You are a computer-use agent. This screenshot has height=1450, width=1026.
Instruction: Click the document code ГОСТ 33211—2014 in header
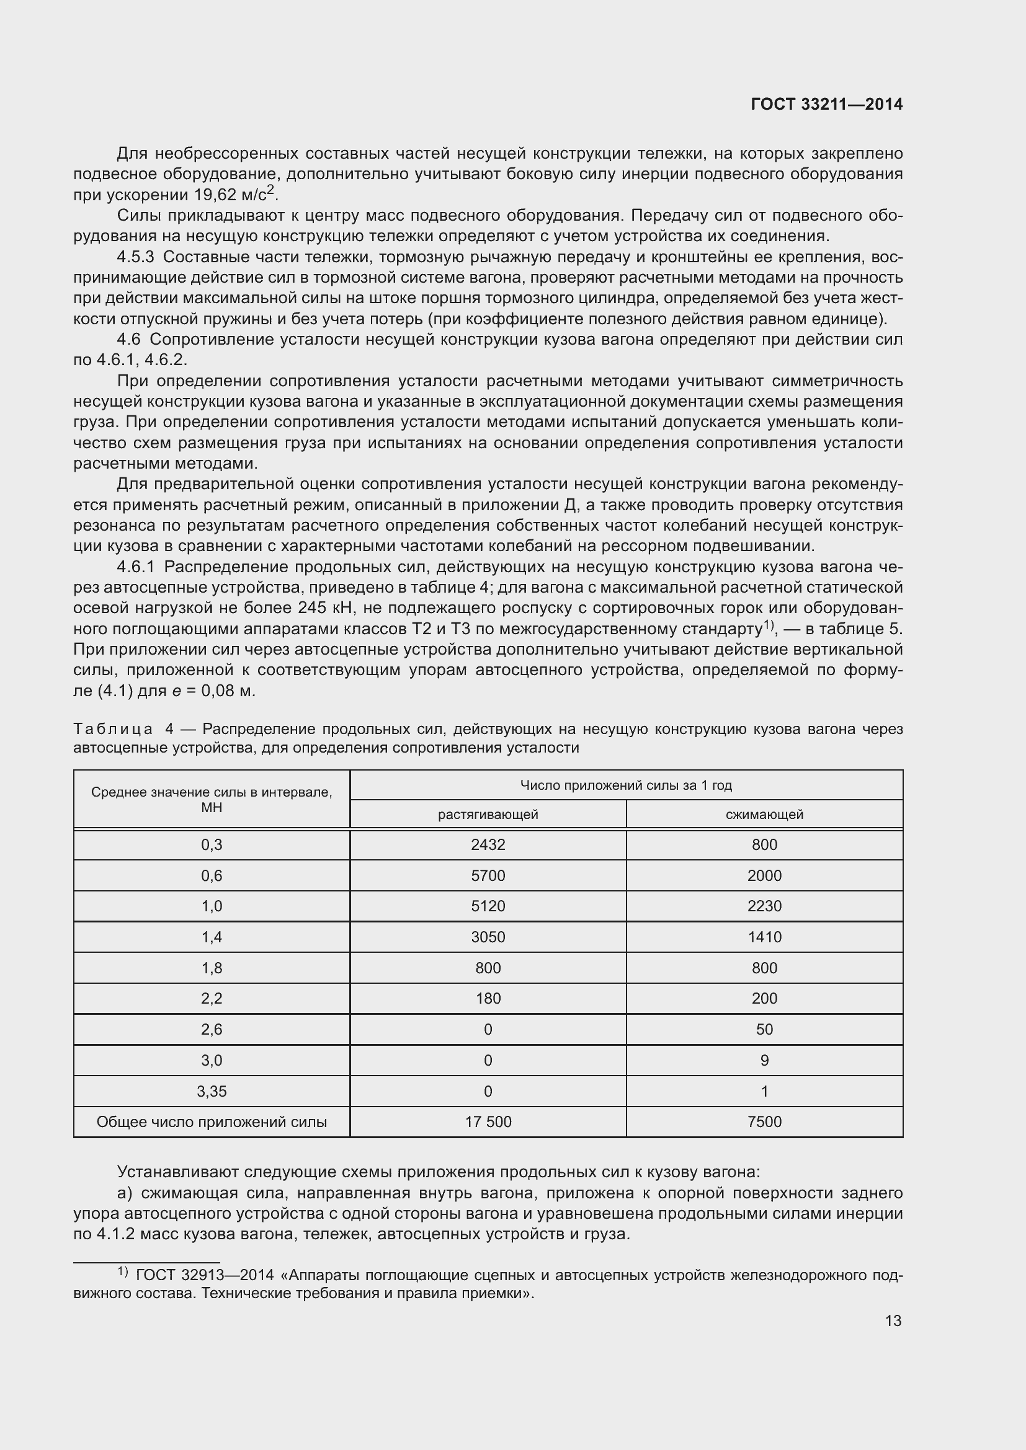click(x=826, y=105)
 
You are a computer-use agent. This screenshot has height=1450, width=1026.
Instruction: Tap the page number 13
click(x=893, y=1320)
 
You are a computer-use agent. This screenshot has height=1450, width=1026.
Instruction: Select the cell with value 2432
click(x=488, y=845)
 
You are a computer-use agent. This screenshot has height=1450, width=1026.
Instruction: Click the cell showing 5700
click(x=488, y=876)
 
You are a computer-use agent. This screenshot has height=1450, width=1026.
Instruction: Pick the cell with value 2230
click(x=764, y=906)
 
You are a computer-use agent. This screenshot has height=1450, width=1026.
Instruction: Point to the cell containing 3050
click(x=488, y=937)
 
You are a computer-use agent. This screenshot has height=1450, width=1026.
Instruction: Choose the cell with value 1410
click(x=764, y=937)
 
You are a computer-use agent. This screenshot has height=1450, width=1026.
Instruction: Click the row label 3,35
click(x=212, y=1091)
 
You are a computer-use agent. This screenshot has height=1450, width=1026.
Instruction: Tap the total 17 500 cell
click(x=488, y=1122)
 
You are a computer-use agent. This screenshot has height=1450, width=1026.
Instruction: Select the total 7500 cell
click(x=764, y=1122)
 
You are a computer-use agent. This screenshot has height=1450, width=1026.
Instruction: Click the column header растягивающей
click(x=488, y=815)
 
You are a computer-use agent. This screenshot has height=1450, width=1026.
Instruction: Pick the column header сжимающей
click(x=764, y=815)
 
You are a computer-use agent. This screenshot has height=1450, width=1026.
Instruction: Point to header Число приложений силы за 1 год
click(x=625, y=785)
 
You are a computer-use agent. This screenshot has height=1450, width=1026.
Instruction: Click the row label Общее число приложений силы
click(x=212, y=1122)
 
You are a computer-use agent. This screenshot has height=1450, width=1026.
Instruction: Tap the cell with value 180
click(x=488, y=999)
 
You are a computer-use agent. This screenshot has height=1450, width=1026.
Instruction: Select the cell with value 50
click(x=764, y=1030)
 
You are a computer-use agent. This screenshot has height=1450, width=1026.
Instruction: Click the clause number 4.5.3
click(x=135, y=257)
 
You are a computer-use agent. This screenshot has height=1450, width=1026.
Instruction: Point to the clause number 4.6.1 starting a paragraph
click(x=135, y=567)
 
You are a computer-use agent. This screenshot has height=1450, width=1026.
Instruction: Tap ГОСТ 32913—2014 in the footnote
click(x=205, y=1275)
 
